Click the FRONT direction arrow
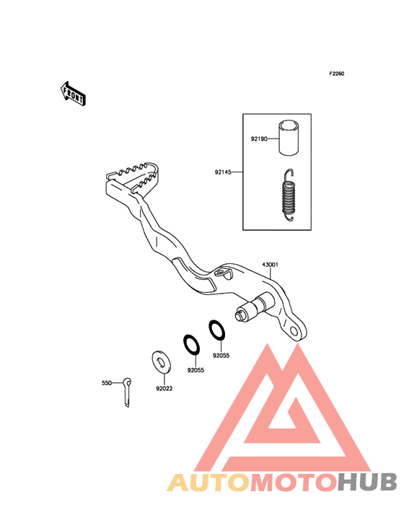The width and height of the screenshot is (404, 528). pyautogui.click(x=73, y=93)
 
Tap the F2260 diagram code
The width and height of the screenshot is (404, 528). pyautogui.click(x=337, y=74)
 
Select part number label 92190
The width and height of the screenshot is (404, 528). pyautogui.click(x=259, y=138)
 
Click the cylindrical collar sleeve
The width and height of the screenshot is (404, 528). pyautogui.click(x=289, y=138)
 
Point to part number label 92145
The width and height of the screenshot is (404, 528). pyautogui.click(x=223, y=172)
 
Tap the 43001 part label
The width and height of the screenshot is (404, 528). pyautogui.click(x=271, y=265)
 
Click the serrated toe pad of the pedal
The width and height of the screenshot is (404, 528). pyautogui.click(x=133, y=177)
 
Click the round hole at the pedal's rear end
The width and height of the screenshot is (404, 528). pyautogui.click(x=295, y=332)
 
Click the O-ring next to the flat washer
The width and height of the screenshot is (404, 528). pyautogui.click(x=192, y=345)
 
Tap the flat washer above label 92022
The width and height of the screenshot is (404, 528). pyautogui.click(x=162, y=362)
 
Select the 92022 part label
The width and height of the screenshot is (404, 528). pyautogui.click(x=164, y=389)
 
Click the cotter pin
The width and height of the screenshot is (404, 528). pyautogui.click(x=127, y=392)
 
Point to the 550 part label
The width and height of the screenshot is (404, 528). pyautogui.click(x=106, y=383)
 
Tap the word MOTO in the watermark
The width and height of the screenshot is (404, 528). pyautogui.click(x=294, y=483)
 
